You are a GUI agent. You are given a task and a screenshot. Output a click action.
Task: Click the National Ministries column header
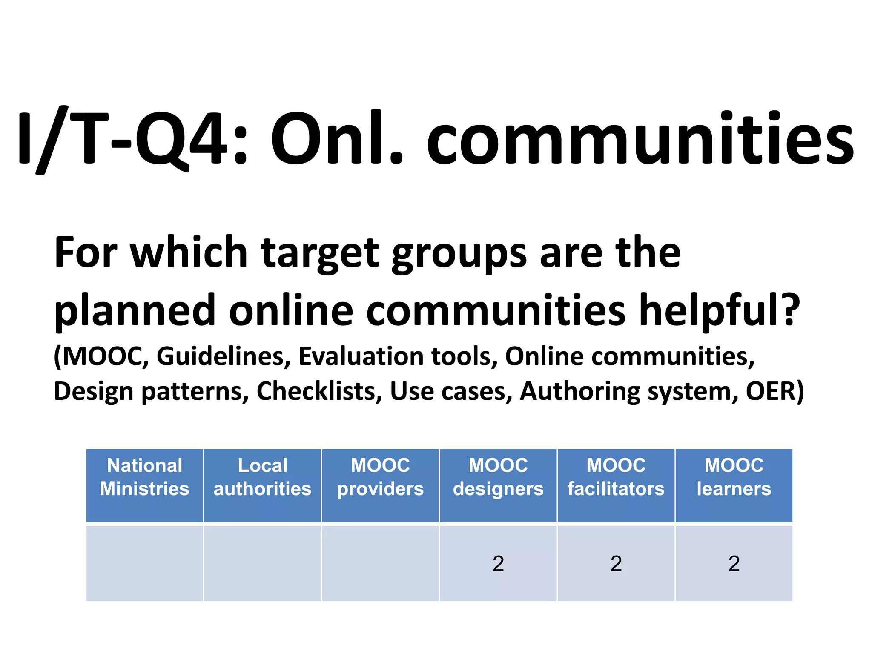point(145,485)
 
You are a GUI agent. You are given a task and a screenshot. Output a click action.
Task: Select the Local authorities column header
point(262,485)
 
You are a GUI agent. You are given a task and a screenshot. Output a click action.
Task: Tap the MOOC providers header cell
point(380,485)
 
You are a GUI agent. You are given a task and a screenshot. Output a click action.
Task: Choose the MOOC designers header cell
point(498,485)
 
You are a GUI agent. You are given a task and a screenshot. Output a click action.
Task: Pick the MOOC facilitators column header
point(616,485)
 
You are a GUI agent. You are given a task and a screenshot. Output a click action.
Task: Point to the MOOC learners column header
point(734,485)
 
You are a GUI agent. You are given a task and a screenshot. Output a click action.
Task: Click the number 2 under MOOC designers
point(498,564)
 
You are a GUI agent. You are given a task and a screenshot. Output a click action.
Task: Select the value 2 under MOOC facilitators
point(616,564)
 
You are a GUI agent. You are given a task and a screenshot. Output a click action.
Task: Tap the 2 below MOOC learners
point(734,564)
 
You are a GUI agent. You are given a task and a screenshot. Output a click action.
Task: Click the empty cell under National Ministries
point(145,563)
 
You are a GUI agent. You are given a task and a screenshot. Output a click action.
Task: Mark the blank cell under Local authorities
point(262,563)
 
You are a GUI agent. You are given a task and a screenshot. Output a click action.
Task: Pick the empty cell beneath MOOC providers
point(380,563)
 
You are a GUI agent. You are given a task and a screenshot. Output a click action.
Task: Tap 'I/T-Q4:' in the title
point(132,138)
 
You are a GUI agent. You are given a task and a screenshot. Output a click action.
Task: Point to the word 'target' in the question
point(319,254)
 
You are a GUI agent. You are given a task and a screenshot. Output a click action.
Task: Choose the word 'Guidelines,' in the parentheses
point(224,356)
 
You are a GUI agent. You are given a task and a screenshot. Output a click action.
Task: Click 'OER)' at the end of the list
point(775,391)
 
